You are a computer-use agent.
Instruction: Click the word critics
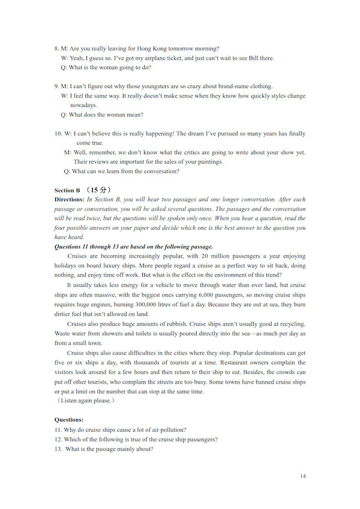[x=173, y=152]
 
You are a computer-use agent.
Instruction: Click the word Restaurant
[x=256, y=363]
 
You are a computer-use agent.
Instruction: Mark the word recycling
[x=289, y=324]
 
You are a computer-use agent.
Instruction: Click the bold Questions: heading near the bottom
[x=69, y=420]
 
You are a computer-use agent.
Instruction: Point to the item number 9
[x=56, y=86]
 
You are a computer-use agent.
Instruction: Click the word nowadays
[x=83, y=105]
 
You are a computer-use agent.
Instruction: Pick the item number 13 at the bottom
[x=58, y=449]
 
